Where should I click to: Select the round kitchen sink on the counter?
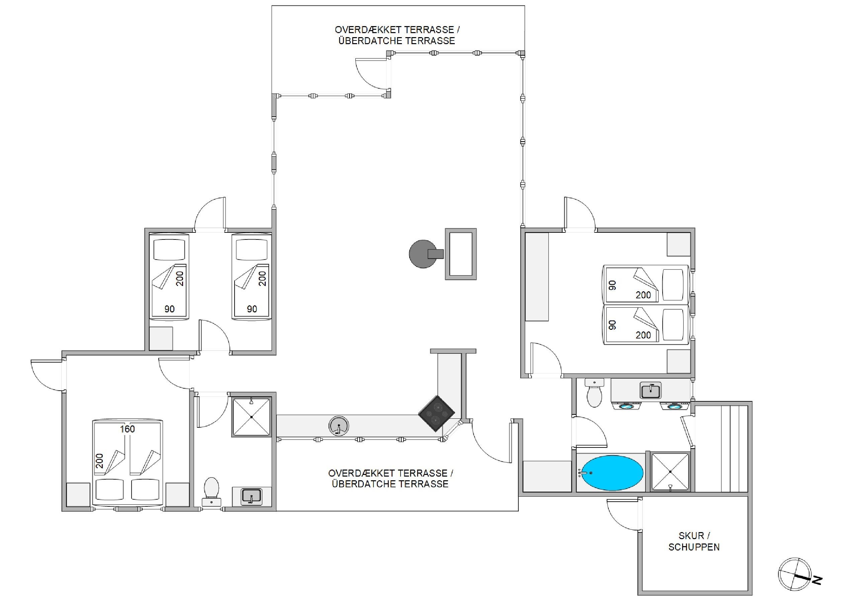338,426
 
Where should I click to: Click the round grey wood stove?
423,254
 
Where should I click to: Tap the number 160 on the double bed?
127,429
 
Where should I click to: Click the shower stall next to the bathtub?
670,472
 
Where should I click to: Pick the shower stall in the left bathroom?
252,417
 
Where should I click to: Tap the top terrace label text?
397,35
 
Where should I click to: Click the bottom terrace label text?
390,478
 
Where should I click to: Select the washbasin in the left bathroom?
251,496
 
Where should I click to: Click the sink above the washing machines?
651,390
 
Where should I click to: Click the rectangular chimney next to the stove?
461,254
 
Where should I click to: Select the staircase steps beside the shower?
721,448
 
